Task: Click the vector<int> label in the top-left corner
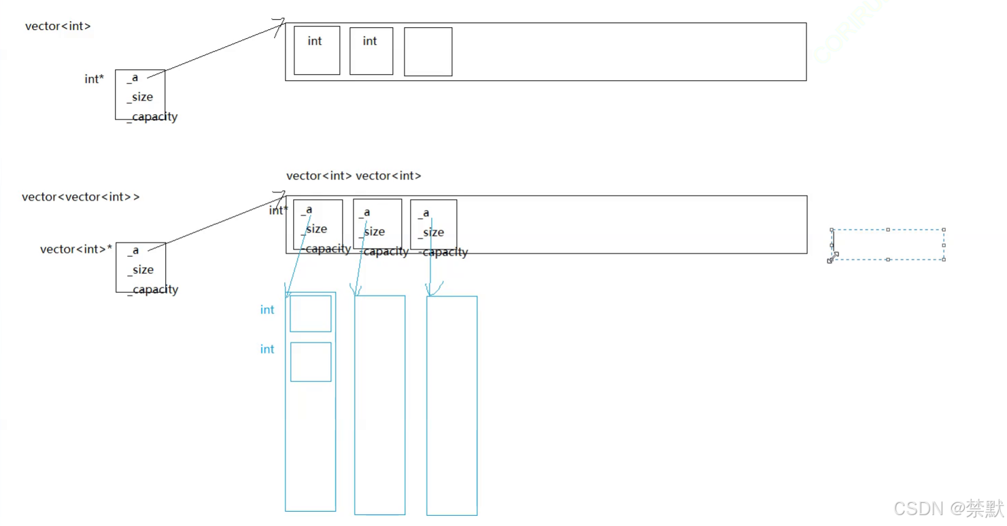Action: [x=58, y=27]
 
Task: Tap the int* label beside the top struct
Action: [x=94, y=80]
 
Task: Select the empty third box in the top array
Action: [x=428, y=52]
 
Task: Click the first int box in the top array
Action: [x=316, y=50]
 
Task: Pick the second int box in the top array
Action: [x=371, y=50]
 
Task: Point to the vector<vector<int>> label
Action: [x=80, y=197]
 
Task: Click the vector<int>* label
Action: [x=76, y=249]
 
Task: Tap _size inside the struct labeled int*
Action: [x=140, y=97]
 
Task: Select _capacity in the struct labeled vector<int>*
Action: [x=153, y=290]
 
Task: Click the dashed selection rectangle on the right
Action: [x=888, y=245]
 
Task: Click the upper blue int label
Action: [x=267, y=310]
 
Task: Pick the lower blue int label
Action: [x=267, y=349]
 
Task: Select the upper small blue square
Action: [x=310, y=314]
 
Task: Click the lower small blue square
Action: [x=311, y=362]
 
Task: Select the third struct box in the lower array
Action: [x=433, y=224]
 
